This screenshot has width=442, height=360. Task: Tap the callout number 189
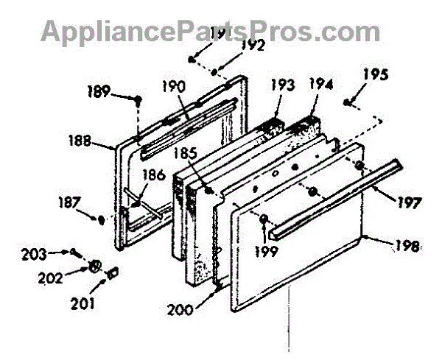coord(101,93)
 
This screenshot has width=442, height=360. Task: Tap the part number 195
coord(376,74)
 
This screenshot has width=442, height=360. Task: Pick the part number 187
coord(71,200)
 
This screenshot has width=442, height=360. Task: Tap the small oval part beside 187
coord(100,218)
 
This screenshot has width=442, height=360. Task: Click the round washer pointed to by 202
coord(94,266)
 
